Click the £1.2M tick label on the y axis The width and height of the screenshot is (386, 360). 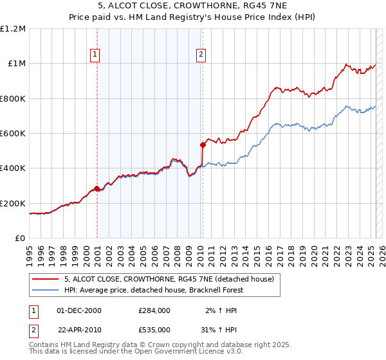click(13, 28)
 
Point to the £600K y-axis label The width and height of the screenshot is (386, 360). click(13, 134)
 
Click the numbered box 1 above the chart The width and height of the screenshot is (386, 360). click(95, 55)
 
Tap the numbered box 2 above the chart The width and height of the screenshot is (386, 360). click(201, 55)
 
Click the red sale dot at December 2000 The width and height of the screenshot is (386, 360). click(97, 189)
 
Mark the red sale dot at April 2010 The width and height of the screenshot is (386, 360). click(203, 145)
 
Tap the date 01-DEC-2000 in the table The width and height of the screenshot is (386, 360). click(79, 310)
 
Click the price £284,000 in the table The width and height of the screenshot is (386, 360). click(154, 310)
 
